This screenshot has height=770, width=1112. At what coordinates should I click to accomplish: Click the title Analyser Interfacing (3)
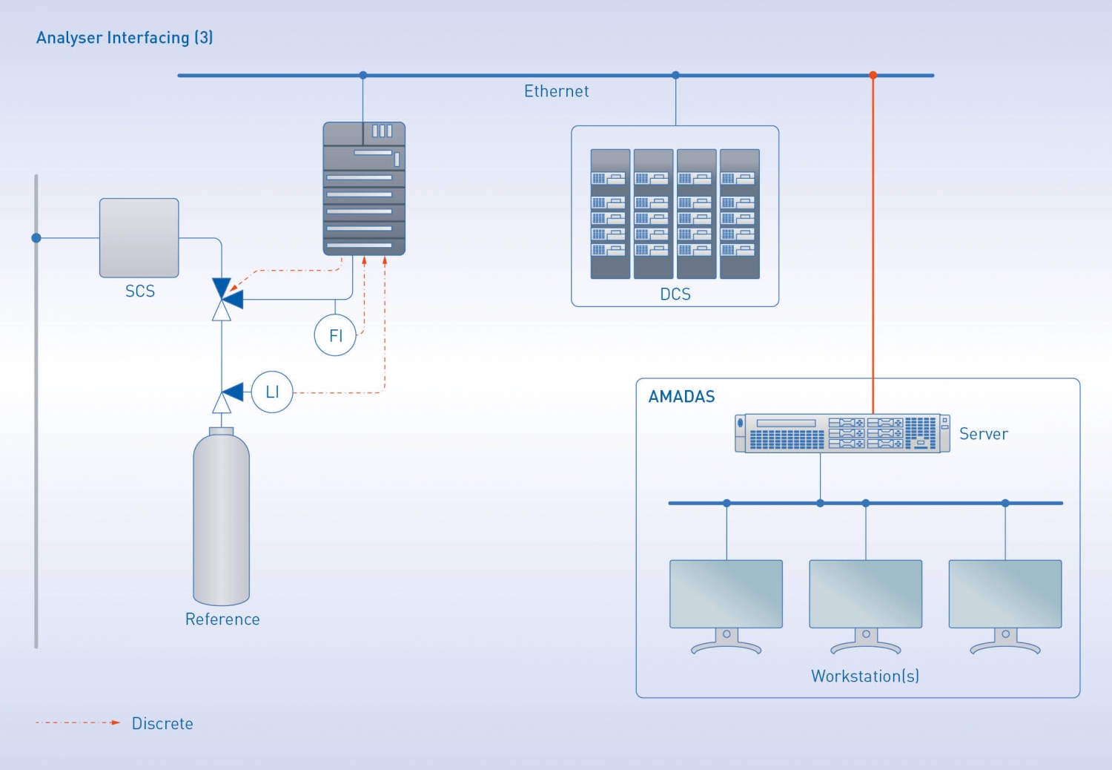pos(125,38)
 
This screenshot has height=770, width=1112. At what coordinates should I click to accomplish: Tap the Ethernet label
pos(556,91)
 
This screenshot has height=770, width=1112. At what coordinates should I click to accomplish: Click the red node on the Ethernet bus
pos(873,75)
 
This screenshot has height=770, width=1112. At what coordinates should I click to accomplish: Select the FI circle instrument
pos(335,335)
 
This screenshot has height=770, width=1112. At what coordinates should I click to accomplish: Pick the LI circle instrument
pos(272,392)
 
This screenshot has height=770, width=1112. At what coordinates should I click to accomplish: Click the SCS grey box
pos(139,238)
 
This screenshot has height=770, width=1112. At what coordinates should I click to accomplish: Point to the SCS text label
pos(139,291)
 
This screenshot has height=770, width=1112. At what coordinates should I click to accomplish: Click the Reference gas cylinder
pos(221,519)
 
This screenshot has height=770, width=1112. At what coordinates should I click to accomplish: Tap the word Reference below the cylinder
pos(222,619)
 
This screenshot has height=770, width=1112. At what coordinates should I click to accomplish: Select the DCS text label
pos(675,294)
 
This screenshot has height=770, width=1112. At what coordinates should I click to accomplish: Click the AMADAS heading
pos(681,397)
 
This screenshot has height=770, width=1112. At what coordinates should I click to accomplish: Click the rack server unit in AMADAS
pos(842,433)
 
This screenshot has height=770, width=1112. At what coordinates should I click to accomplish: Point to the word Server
pos(983,434)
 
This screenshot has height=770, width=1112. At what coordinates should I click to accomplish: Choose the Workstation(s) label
pos(864,677)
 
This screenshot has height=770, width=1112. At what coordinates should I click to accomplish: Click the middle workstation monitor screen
pos(865,593)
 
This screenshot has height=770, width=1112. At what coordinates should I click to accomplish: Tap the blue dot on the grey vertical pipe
pos(36,238)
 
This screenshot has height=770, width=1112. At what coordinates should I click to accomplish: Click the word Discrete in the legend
pos(162,723)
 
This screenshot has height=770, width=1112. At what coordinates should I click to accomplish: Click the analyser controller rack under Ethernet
pos(364,188)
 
